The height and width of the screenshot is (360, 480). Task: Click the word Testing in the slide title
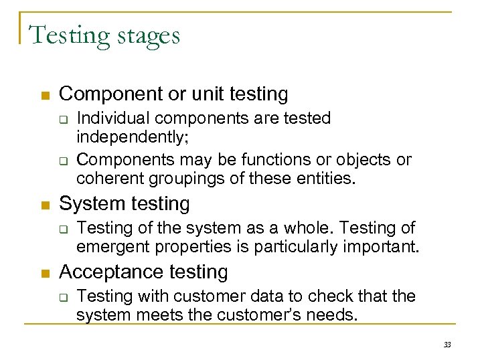click(x=64, y=35)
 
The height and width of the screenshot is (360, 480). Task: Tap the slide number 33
click(x=447, y=345)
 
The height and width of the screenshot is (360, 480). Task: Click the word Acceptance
click(x=107, y=272)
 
